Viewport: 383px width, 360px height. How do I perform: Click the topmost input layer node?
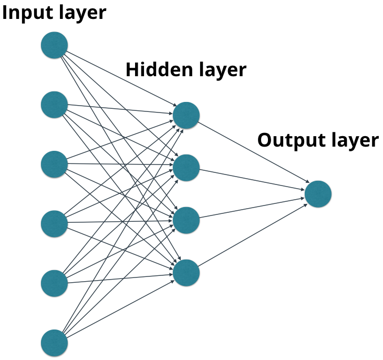pos(55,45)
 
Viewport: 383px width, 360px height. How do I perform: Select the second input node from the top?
pos(55,105)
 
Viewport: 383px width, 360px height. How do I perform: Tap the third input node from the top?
pos(55,164)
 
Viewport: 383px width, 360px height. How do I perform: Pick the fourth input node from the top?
pos(55,223)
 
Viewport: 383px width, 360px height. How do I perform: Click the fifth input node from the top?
pos(55,283)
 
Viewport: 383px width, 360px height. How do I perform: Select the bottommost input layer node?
pos(55,343)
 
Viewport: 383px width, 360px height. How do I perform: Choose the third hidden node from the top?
pos(186,221)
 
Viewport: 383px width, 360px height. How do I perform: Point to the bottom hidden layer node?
pos(186,273)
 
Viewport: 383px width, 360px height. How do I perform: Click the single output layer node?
pos(318,194)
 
